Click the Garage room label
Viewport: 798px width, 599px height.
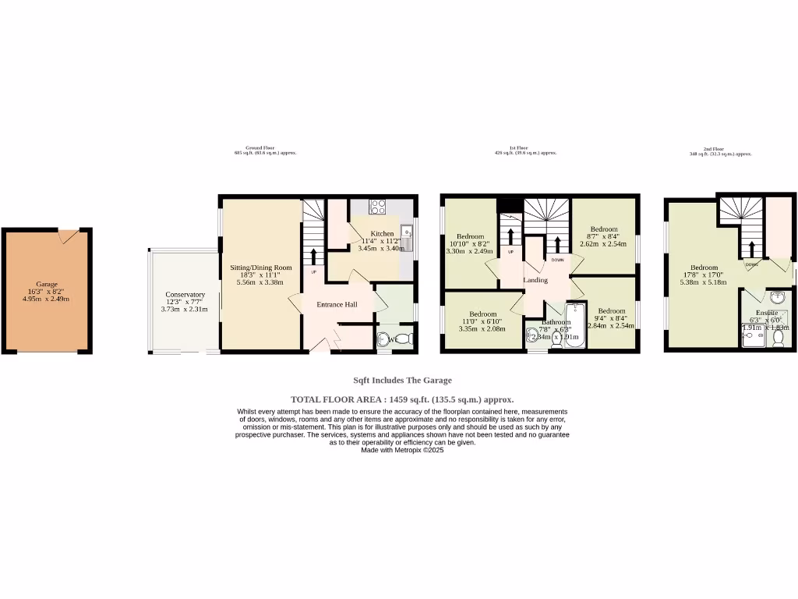click(x=47, y=285)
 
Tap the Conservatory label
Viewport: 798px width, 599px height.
click(x=185, y=295)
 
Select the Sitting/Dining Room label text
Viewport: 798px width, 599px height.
click(x=260, y=268)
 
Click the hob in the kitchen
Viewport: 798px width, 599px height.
click(x=377, y=207)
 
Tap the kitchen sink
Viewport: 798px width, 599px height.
click(x=407, y=233)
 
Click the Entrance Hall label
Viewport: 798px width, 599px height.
click(x=337, y=304)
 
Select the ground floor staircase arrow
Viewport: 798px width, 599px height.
click(x=314, y=257)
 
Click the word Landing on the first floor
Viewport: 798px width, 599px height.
click(x=535, y=280)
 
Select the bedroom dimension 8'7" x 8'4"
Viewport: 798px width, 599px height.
click(x=603, y=236)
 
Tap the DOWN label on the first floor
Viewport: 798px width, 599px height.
click(x=557, y=260)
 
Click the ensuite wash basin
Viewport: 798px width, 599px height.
click(x=777, y=297)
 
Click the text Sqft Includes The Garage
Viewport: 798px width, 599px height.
click(x=402, y=381)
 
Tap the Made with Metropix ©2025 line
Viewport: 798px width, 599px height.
click(x=402, y=450)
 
